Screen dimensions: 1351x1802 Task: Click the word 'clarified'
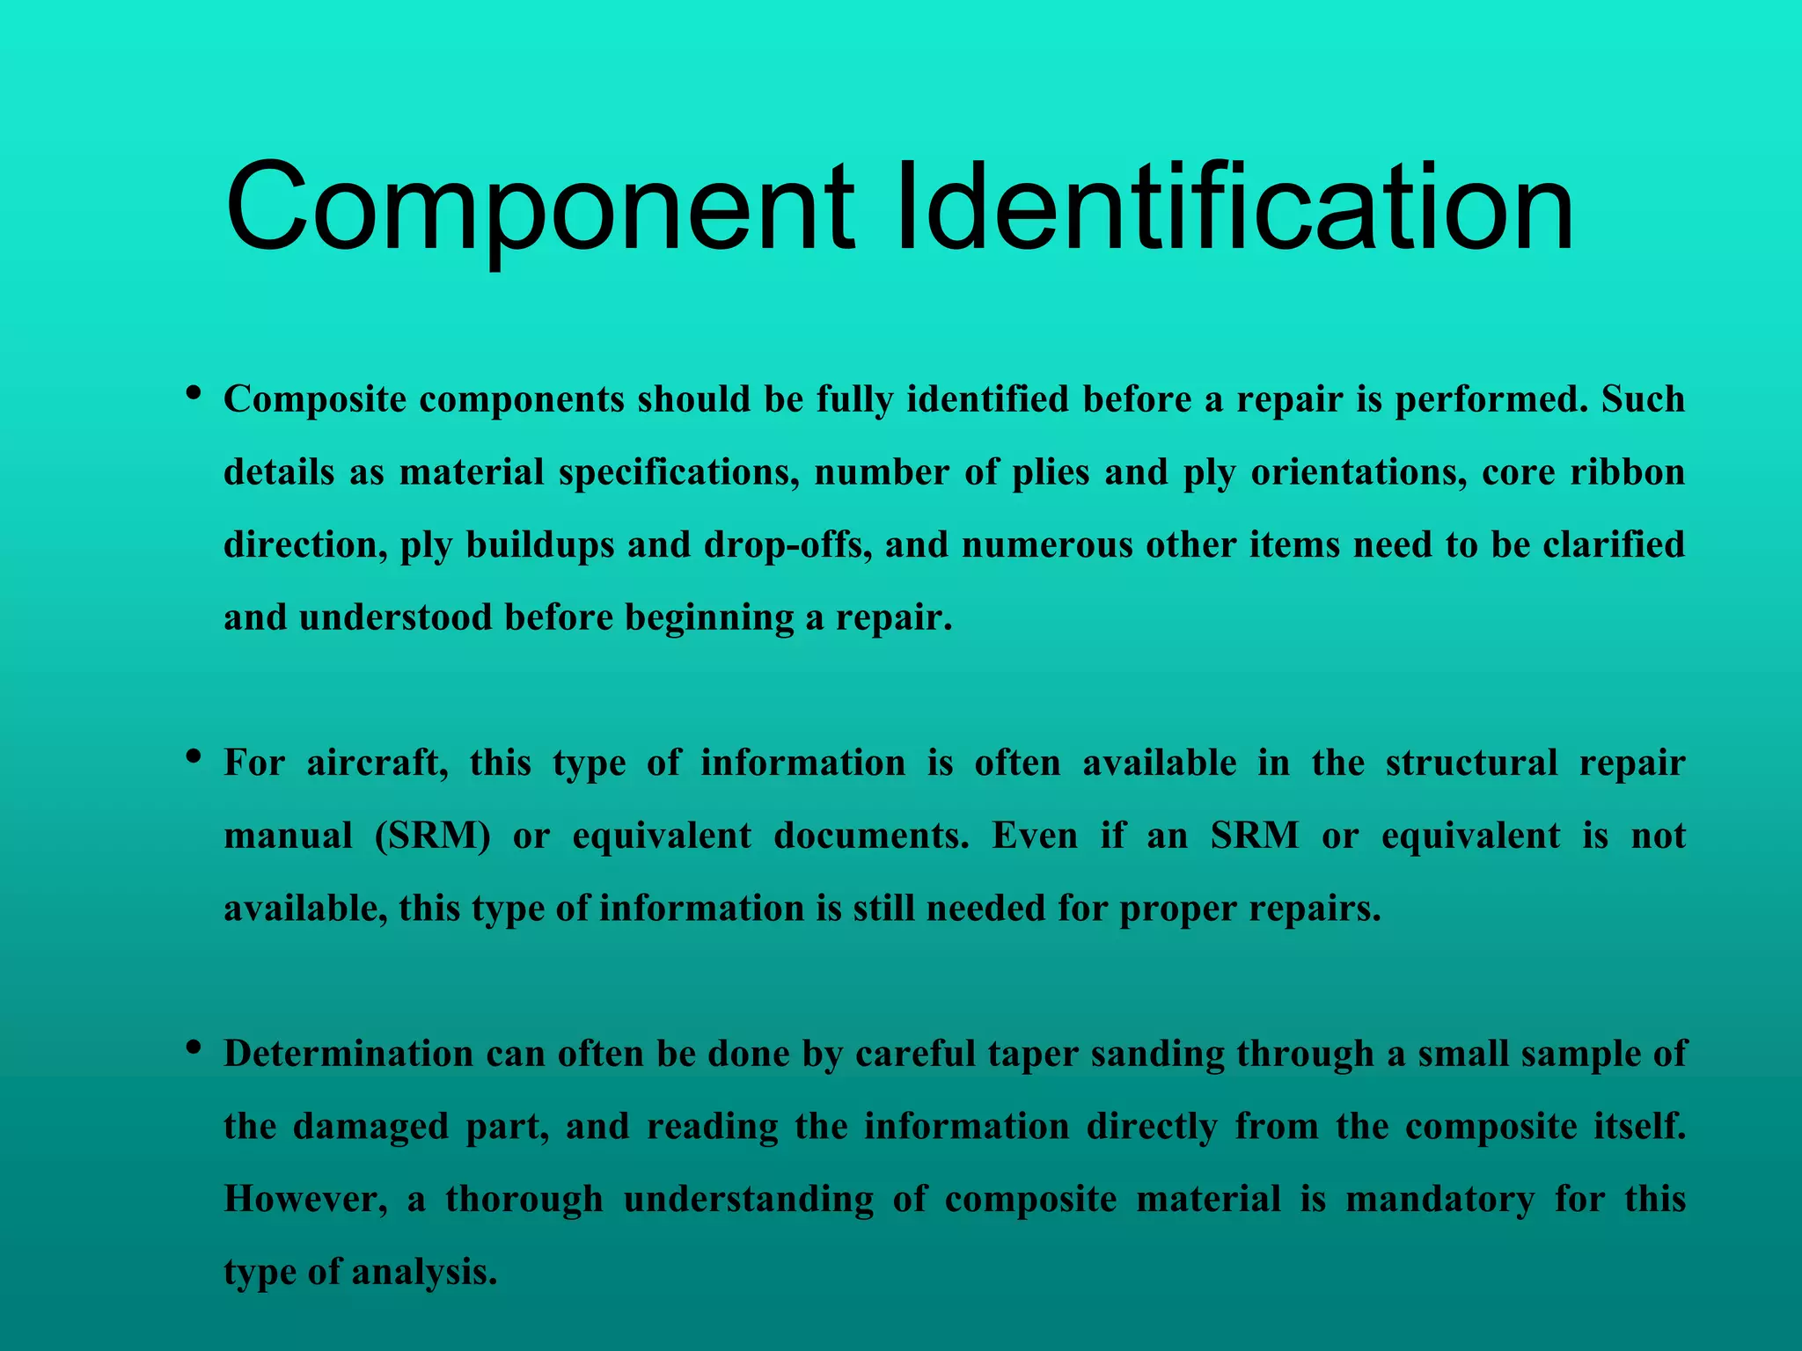pos(1614,545)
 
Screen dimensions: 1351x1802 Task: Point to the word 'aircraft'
pos(377,763)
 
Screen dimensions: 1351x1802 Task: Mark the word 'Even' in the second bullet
pos(1035,836)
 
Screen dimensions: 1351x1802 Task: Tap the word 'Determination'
pos(348,1054)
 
